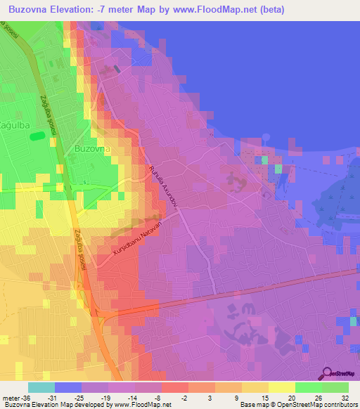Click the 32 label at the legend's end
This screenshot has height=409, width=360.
344,398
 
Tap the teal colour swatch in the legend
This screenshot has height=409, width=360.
41,387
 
